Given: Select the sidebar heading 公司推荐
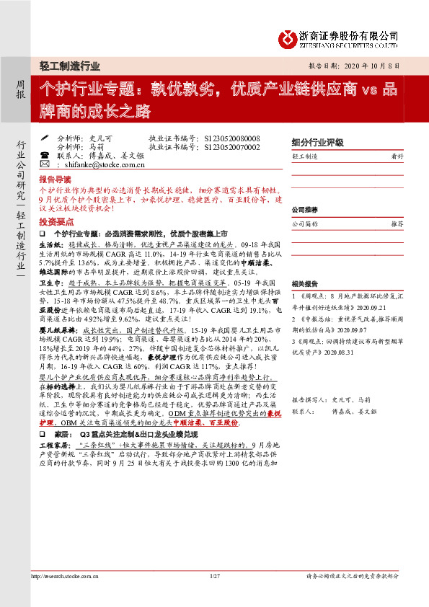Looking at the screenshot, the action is point(304,210).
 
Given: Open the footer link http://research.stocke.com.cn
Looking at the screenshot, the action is point(65,576).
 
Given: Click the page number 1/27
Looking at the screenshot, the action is point(214,576).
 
